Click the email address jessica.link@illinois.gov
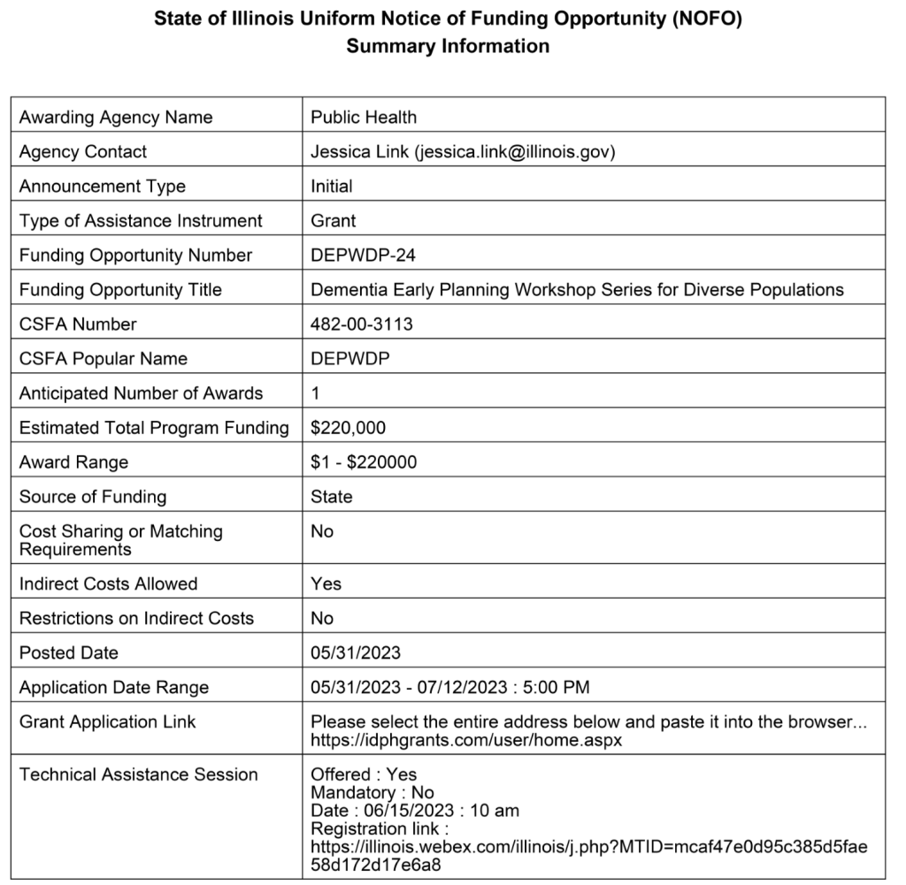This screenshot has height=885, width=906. [x=514, y=151]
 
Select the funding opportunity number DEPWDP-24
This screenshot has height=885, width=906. [x=363, y=255]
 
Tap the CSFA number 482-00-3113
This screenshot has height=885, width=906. [x=361, y=324]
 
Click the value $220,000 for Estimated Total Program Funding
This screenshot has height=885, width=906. [x=348, y=428]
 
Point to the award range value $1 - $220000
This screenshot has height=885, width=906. [x=364, y=462]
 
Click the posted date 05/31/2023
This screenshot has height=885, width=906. [x=356, y=652]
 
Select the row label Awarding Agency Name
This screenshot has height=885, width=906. [x=116, y=117]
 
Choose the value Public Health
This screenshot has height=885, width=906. [x=363, y=117]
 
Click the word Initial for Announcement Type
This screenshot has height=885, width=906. [x=331, y=186]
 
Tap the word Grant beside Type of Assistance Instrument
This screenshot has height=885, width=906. [x=333, y=220]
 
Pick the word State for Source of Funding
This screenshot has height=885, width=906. [x=331, y=497]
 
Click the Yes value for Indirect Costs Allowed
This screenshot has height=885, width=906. [x=326, y=584]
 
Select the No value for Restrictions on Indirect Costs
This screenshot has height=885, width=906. [x=322, y=618]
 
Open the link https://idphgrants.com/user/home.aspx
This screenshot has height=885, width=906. [x=466, y=739]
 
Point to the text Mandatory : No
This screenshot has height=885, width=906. [x=372, y=792]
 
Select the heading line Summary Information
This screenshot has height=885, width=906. [x=448, y=46]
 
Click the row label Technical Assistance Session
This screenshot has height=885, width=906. [x=139, y=774]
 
